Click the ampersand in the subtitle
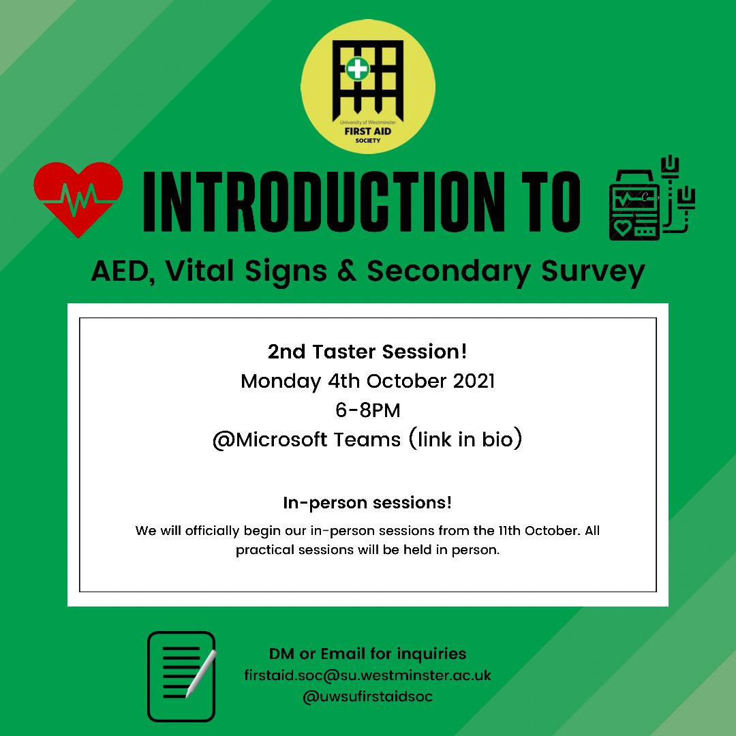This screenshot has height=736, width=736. pyautogui.click(x=349, y=272)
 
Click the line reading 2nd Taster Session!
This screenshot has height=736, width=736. pyautogui.click(x=367, y=352)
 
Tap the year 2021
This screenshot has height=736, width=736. pyautogui.click(x=471, y=381)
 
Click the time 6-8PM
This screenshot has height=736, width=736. pyautogui.click(x=367, y=410)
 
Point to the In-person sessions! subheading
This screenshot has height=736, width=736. pyautogui.click(x=367, y=504)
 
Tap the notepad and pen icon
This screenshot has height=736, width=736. pyautogui.click(x=182, y=676)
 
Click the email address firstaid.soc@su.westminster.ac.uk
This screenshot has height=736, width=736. pyautogui.click(x=367, y=675)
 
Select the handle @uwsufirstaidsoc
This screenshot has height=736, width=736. pyautogui.click(x=367, y=696)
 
